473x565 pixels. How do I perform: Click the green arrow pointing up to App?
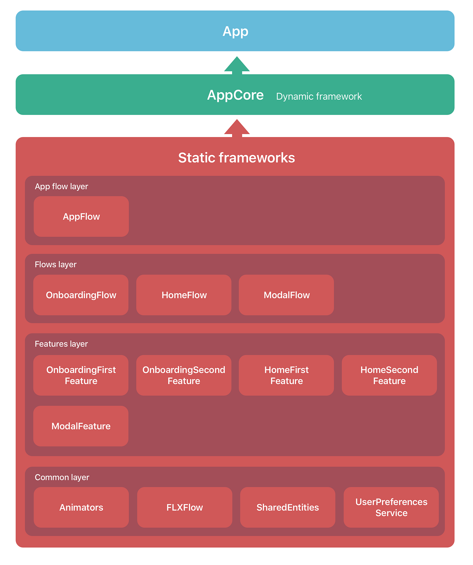pyautogui.click(x=237, y=65)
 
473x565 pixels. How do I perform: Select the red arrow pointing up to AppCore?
pyautogui.click(x=237, y=128)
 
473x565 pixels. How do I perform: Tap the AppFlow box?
pyautogui.click(x=81, y=216)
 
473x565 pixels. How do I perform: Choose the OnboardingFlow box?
pyautogui.click(x=81, y=295)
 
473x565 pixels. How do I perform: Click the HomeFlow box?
pyautogui.click(x=184, y=295)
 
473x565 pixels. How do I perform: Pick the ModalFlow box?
pyautogui.click(x=287, y=295)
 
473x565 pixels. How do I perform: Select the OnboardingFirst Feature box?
pyautogui.click(x=81, y=375)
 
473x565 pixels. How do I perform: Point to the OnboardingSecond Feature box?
pyautogui.click(x=184, y=375)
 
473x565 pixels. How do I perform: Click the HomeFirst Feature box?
pyautogui.click(x=287, y=375)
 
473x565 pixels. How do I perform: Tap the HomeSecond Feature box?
pyautogui.click(x=389, y=375)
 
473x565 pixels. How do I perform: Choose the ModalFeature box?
pyautogui.click(x=81, y=426)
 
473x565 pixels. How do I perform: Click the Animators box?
pyautogui.click(x=81, y=507)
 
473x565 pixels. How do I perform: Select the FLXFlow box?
pyautogui.click(x=184, y=507)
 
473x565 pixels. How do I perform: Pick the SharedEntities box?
pyautogui.click(x=288, y=507)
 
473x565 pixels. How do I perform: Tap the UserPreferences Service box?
pyautogui.click(x=391, y=507)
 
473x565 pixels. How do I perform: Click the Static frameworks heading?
pyautogui.click(x=236, y=158)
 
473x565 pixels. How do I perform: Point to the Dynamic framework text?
pyautogui.click(x=319, y=97)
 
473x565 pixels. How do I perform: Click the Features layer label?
pyautogui.click(x=61, y=344)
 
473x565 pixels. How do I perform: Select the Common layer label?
pyautogui.click(x=62, y=477)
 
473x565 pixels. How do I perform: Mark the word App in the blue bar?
pyautogui.click(x=235, y=31)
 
